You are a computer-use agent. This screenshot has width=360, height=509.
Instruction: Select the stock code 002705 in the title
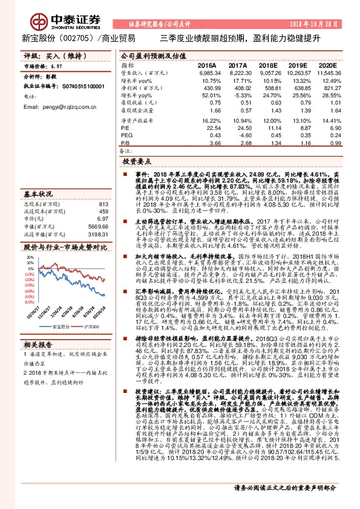click(x=73, y=38)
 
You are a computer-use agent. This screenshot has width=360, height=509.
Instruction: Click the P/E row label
click(x=125, y=128)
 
